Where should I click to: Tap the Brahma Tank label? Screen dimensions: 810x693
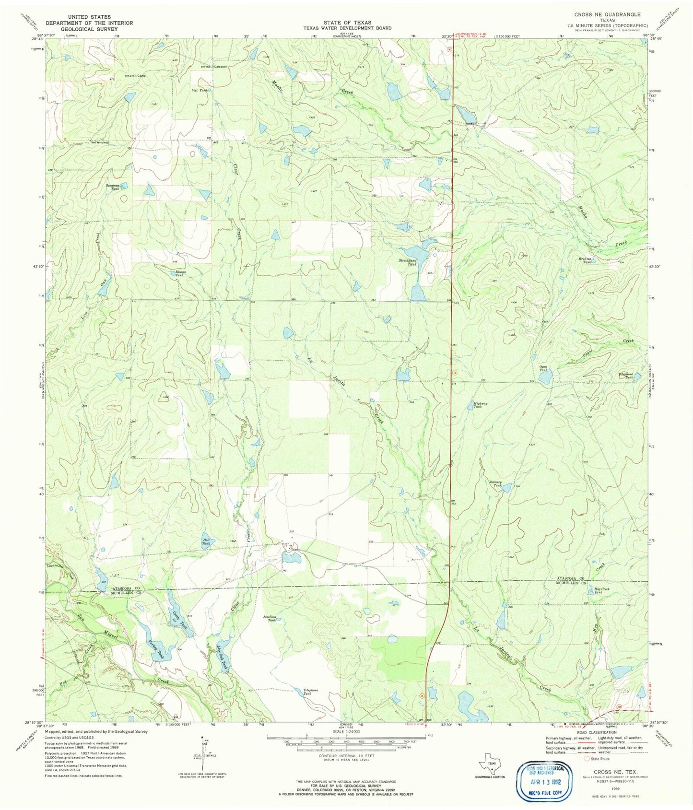point(587,261)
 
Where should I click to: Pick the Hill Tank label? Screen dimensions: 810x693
point(206,541)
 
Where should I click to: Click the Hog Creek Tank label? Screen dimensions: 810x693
point(601,590)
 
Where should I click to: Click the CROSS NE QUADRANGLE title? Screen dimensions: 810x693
point(607,14)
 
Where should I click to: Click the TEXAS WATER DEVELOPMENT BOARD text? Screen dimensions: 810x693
point(347,28)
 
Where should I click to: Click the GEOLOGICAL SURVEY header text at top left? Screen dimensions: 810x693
point(89,29)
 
